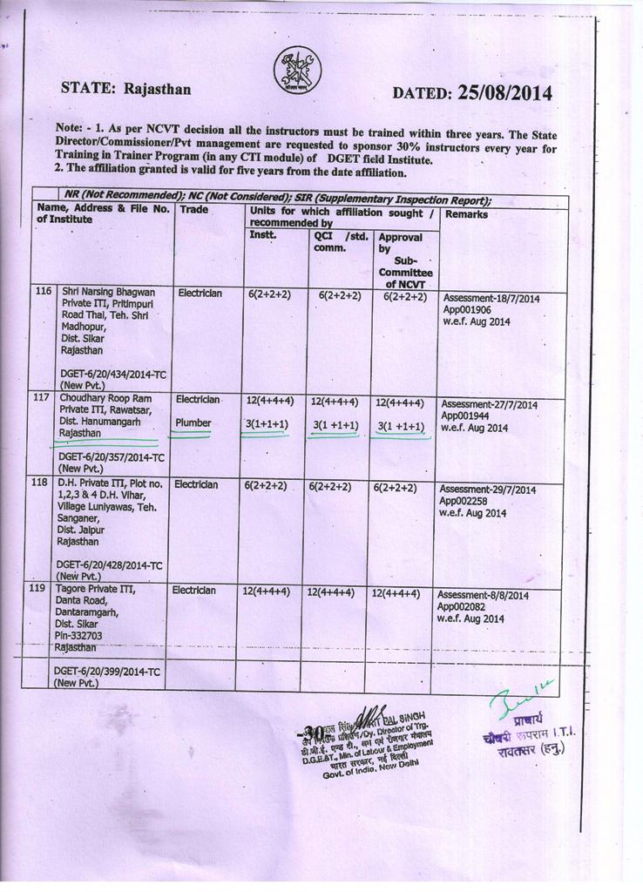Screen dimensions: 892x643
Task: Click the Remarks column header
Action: point(467,213)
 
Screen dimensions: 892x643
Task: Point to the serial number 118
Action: point(39,483)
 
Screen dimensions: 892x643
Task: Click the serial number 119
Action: point(38,589)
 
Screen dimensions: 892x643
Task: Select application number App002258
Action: point(466,501)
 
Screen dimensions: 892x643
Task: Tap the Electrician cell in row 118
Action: point(197,483)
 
